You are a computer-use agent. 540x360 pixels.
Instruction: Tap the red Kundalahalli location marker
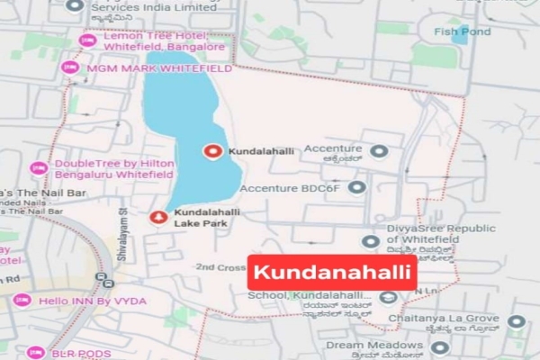(213, 152)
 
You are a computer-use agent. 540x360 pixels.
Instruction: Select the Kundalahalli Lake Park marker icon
(157, 216)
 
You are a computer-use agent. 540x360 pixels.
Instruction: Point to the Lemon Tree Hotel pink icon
(88, 40)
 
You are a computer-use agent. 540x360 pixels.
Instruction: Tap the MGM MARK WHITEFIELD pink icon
(69, 67)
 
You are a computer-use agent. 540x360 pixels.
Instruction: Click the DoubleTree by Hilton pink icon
(39, 168)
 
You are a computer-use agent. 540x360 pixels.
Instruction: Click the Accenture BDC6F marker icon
(357, 188)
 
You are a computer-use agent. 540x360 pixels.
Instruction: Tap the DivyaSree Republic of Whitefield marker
(370, 241)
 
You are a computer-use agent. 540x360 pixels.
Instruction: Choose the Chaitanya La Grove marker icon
(515, 321)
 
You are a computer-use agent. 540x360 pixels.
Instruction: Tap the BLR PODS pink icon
(34, 354)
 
